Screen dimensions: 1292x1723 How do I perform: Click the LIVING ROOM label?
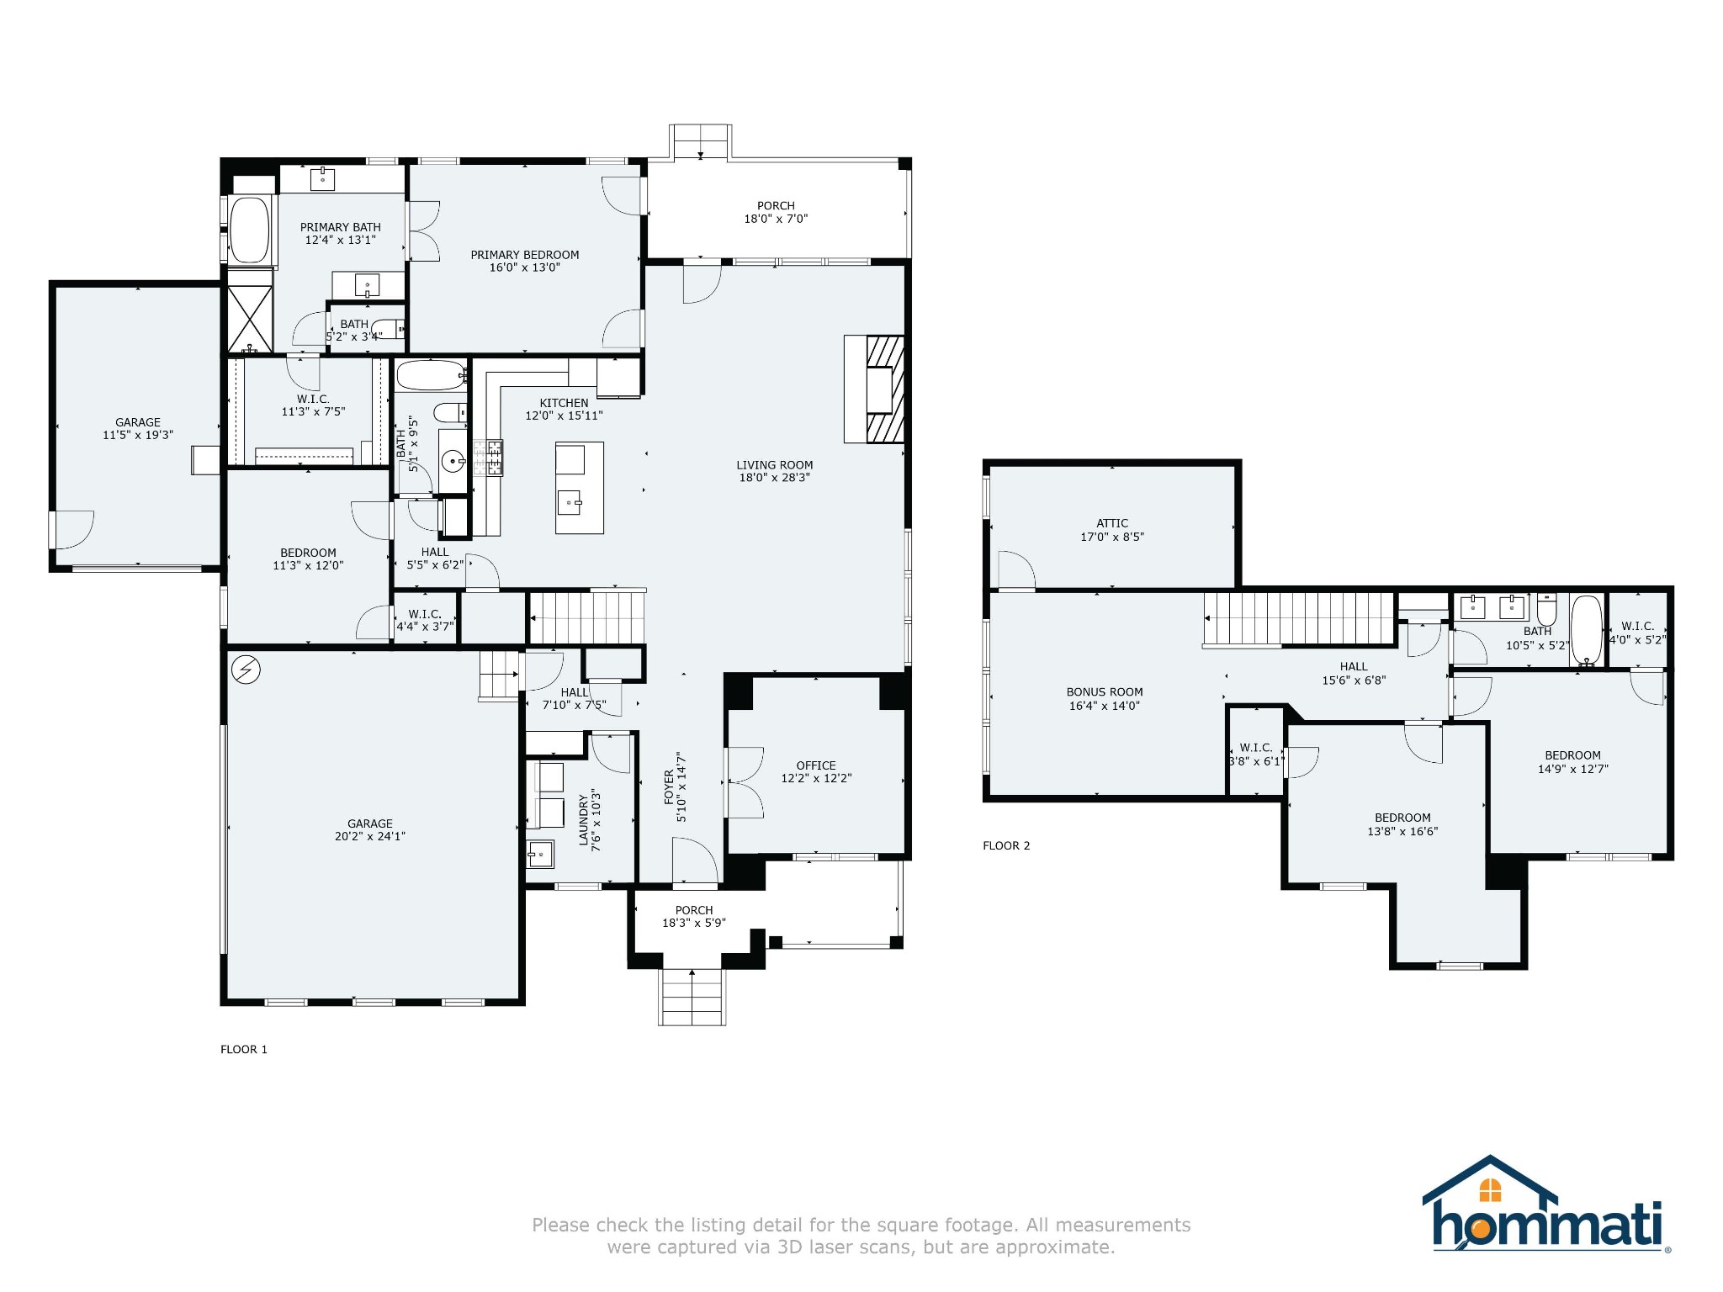(774, 465)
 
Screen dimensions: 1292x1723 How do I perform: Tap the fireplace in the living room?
(875, 389)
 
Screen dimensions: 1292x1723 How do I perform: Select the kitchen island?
(579, 488)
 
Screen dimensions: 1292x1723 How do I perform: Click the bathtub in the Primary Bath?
(249, 229)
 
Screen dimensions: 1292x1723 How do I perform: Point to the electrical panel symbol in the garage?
(246, 670)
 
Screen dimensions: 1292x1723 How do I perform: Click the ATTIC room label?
(1112, 523)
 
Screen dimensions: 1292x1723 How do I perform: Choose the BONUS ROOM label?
(1104, 692)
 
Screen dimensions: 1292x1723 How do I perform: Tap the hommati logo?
(1546, 1205)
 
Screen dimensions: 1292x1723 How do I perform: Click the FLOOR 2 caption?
(1006, 845)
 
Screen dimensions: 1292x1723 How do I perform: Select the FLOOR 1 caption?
(244, 1049)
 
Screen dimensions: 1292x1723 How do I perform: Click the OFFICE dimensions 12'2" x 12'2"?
(816, 779)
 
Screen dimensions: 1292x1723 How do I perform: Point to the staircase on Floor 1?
(587, 617)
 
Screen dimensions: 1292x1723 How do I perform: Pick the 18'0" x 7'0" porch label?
(775, 219)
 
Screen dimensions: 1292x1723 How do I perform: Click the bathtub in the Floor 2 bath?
(1587, 631)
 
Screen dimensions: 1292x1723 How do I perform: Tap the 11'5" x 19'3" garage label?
(138, 436)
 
